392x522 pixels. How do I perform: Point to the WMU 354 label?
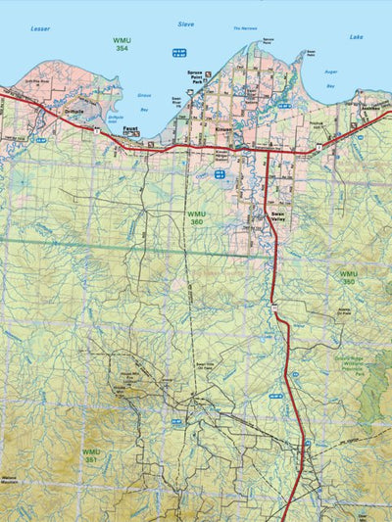121,44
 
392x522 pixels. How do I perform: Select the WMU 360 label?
198,218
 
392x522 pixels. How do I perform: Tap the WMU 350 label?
349,277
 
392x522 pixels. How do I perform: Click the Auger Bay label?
329,79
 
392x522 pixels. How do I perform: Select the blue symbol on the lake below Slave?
178,51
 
